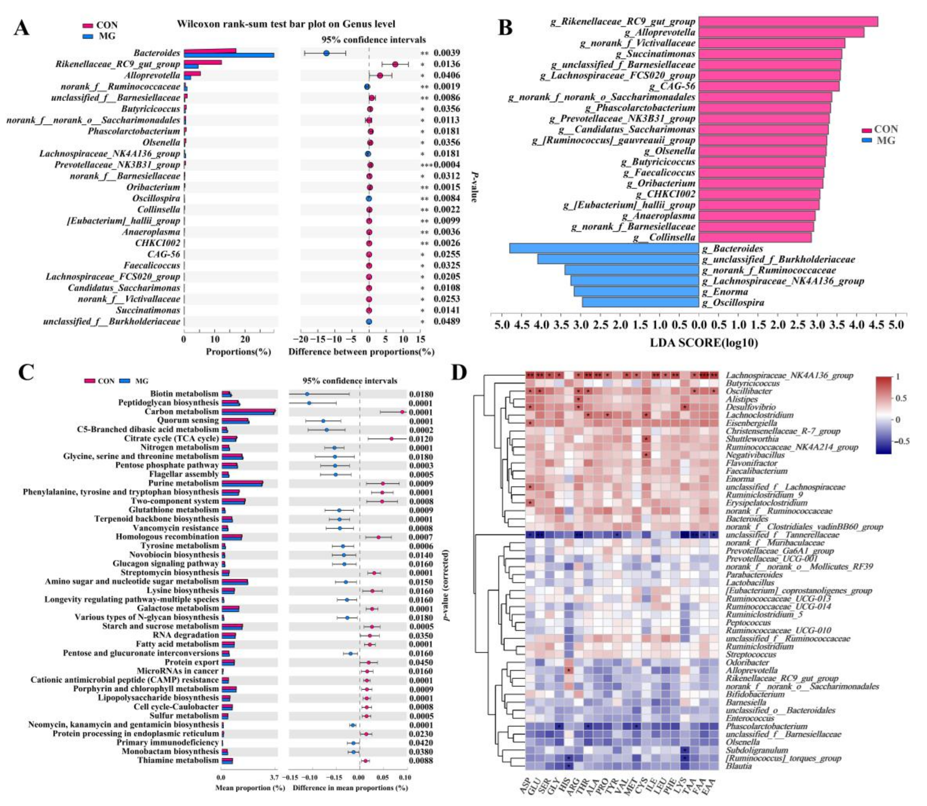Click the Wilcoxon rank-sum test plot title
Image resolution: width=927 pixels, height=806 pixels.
(286, 24)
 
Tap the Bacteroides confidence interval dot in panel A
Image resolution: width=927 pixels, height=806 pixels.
(326, 53)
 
